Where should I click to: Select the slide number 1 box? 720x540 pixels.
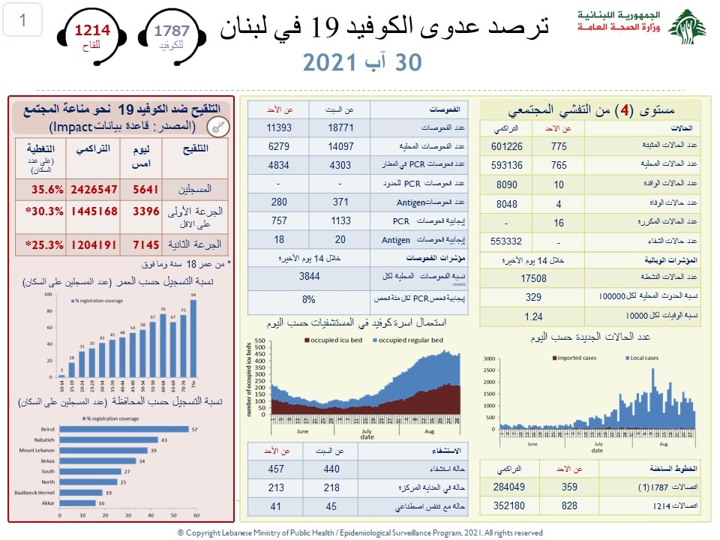click(x=22, y=20)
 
